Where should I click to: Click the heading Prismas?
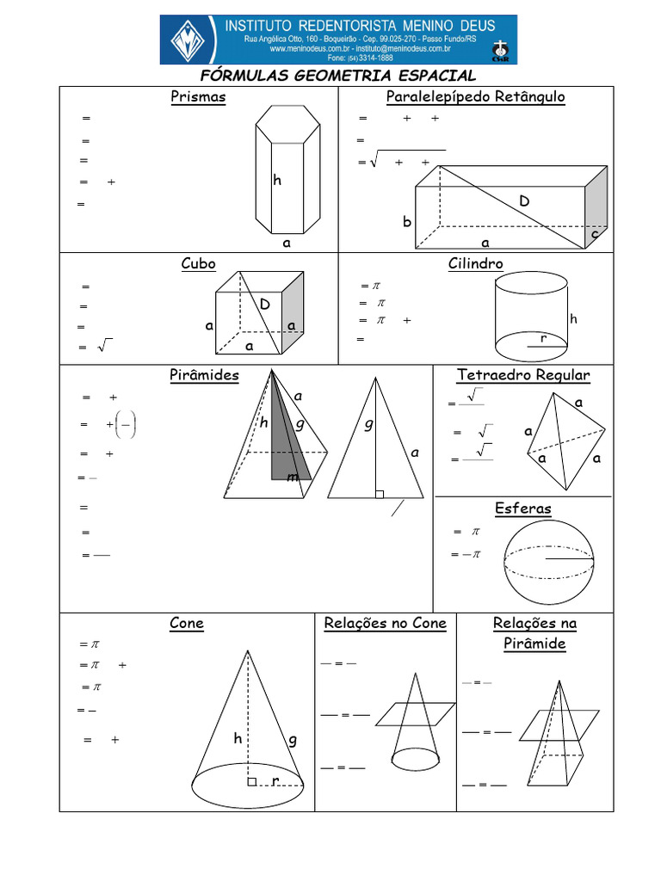(198, 96)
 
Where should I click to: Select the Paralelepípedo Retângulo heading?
(476, 96)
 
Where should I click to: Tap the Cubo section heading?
(198, 263)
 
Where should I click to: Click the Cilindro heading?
(475, 263)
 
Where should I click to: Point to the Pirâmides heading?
(204, 375)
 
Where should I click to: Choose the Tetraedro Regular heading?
(523, 375)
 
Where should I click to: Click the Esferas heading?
(522, 508)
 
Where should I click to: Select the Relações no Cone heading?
(385, 623)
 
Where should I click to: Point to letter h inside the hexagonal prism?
(277, 181)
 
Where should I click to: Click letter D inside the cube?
(265, 305)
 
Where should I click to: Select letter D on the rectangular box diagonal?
(524, 201)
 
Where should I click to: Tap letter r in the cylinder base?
(543, 339)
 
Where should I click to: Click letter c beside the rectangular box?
(595, 234)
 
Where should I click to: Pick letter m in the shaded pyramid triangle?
(293, 477)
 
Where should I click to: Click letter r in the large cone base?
(275, 780)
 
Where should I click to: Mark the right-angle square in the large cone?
(251, 782)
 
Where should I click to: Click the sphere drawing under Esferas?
(548, 564)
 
